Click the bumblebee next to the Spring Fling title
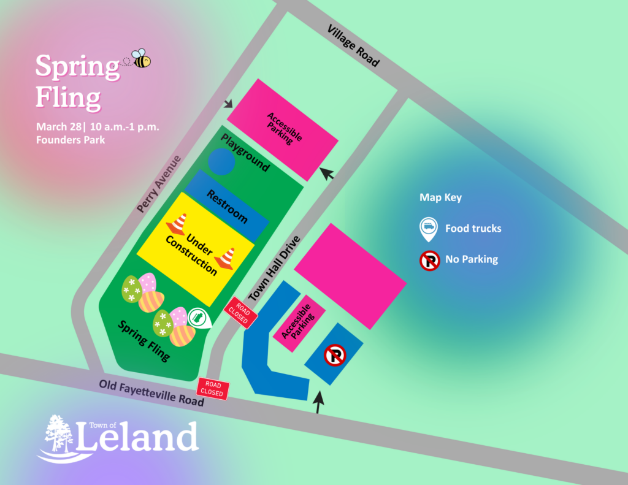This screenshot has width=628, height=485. (x=141, y=59)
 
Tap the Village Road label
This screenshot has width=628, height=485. (x=354, y=46)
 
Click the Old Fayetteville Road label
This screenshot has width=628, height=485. (x=151, y=393)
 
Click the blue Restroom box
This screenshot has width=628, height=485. (x=227, y=207)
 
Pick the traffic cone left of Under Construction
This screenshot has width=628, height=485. (x=177, y=224)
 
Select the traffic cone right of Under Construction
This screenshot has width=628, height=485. (x=226, y=258)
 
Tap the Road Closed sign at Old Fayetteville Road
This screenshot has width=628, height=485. (x=213, y=389)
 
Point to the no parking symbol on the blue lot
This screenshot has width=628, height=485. (x=335, y=354)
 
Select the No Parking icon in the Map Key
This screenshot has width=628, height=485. (x=429, y=260)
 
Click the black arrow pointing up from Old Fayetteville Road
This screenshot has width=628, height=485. (x=318, y=403)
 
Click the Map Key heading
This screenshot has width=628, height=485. (x=440, y=197)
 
